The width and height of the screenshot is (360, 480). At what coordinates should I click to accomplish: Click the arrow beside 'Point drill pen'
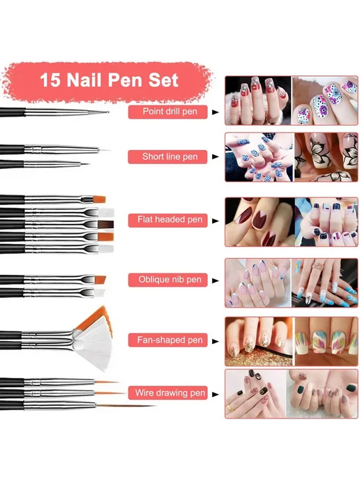tap(216, 112)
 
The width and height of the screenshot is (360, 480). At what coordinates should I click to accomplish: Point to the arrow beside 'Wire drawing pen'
tap(216, 394)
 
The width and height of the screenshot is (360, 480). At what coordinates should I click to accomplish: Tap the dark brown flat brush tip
tap(105, 225)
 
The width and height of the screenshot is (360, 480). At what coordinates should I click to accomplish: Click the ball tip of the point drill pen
tap(107, 112)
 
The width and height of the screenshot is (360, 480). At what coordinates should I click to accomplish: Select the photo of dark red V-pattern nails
tap(260, 222)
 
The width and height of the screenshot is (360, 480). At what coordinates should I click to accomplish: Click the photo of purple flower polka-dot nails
tap(325, 100)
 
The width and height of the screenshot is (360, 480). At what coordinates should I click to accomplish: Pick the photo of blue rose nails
tap(259, 157)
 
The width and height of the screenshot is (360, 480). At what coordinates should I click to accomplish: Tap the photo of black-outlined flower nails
tap(327, 157)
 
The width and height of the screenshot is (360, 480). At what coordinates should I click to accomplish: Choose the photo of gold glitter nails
tap(259, 341)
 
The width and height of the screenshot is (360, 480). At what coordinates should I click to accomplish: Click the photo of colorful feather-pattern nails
tap(327, 341)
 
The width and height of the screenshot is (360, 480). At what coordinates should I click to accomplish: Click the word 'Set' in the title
tap(163, 80)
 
